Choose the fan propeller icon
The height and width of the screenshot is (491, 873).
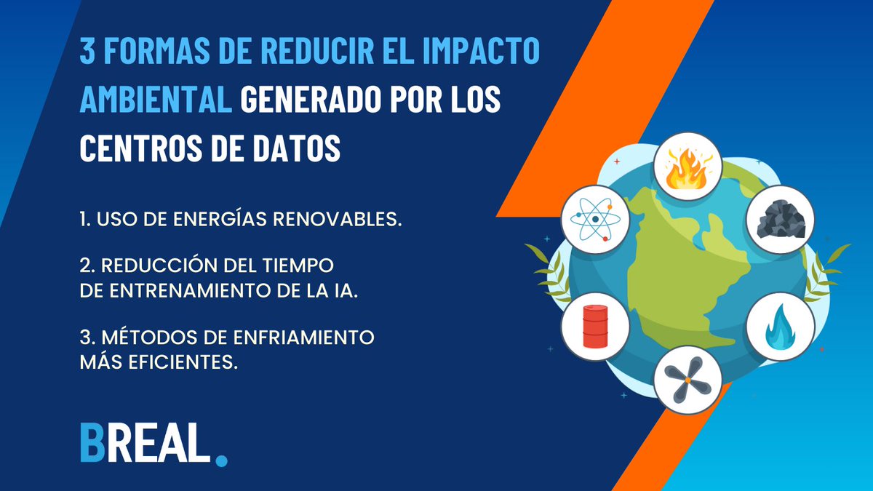tap(687, 379)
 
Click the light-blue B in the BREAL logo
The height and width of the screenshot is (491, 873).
tap(93, 441)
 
